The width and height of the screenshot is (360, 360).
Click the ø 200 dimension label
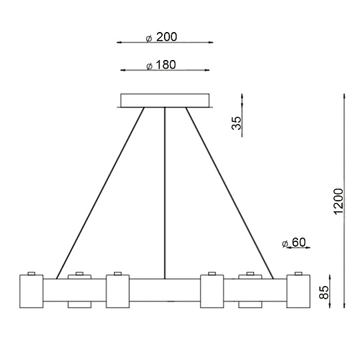(161, 37)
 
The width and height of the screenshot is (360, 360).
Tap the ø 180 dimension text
(161, 65)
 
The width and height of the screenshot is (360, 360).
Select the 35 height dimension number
(237, 123)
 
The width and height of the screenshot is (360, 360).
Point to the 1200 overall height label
(339, 201)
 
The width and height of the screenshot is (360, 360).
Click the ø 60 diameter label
(294, 243)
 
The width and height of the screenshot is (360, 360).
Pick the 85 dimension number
(324, 292)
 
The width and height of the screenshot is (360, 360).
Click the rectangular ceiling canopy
(165, 100)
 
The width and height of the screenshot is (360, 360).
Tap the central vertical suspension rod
(165, 193)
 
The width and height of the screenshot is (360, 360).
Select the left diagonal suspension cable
(100, 193)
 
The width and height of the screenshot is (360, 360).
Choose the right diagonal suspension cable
(229, 193)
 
